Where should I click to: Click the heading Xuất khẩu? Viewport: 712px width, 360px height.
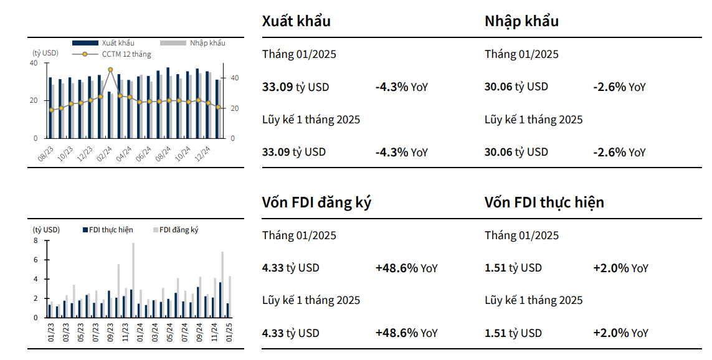point(296,21)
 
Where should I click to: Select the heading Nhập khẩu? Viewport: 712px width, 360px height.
point(521,21)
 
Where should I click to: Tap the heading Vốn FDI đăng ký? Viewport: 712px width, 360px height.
point(316,202)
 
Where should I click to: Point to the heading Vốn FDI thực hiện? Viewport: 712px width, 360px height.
point(544,202)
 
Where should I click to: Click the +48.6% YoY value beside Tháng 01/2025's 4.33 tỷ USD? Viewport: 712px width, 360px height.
point(406,268)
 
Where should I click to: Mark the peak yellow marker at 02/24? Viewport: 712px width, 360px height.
point(110,70)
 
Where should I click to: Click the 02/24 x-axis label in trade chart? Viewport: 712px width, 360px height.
point(105,153)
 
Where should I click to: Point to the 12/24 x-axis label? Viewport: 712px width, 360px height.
point(202,153)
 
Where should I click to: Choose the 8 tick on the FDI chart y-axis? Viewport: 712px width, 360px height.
point(36,240)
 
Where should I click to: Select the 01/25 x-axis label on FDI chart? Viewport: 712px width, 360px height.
point(229,332)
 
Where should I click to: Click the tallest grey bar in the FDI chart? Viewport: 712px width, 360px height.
point(133,280)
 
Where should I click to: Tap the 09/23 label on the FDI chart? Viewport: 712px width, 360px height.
point(110,332)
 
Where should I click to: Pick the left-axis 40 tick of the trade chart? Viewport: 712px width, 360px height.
point(34,63)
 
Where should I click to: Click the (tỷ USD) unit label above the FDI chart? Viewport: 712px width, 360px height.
point(46,230)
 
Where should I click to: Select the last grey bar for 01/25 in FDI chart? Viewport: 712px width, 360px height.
point(230,297)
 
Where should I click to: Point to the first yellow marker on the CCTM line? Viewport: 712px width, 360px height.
point(51,110)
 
